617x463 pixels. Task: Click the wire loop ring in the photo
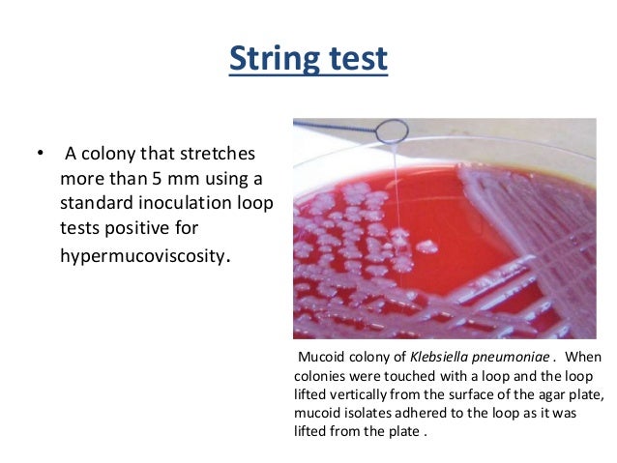point(392,130)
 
